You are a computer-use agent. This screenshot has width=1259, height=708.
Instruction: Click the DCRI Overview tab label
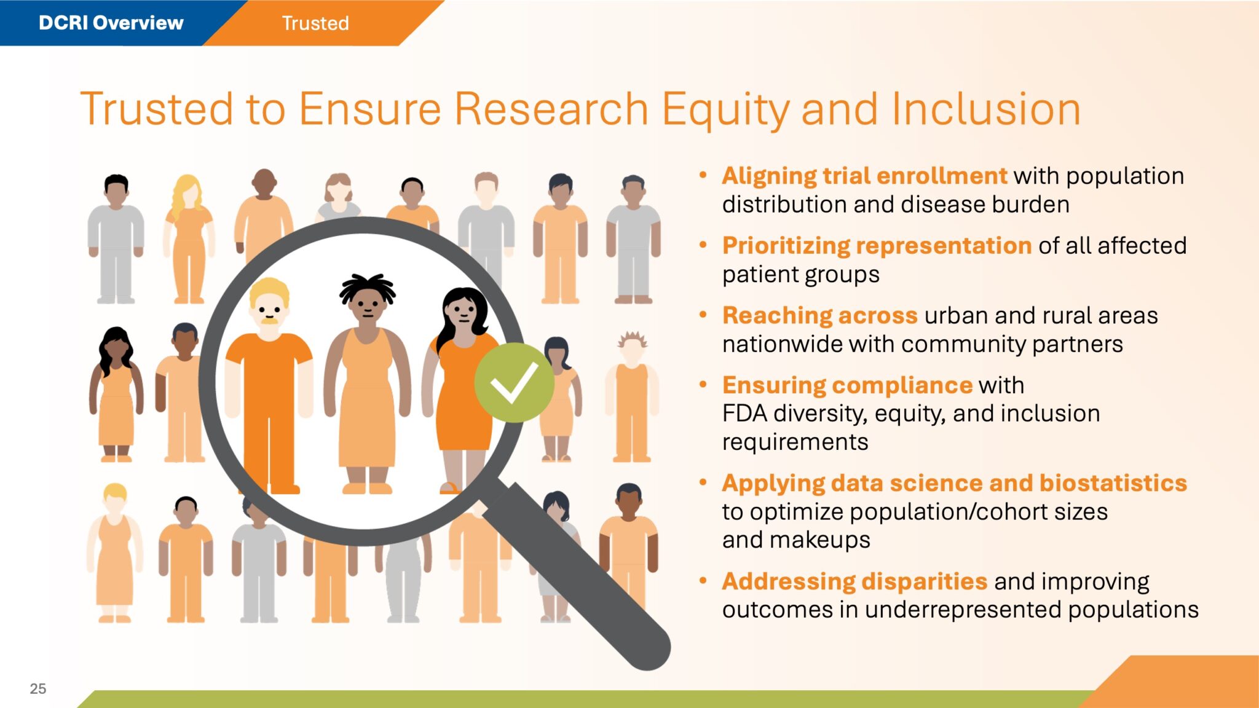111,23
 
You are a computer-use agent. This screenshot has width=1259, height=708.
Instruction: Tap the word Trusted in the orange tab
315,23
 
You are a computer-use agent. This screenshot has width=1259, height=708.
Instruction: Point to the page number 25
38,688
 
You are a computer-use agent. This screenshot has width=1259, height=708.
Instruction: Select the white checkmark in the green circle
514,382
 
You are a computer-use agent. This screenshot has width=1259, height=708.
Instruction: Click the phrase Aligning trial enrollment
864,176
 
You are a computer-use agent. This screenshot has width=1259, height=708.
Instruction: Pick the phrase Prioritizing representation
877,246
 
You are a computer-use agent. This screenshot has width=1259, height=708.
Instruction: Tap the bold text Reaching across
819,315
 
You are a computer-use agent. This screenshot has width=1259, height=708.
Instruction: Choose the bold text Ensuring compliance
847,385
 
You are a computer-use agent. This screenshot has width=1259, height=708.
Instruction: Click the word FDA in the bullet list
744,414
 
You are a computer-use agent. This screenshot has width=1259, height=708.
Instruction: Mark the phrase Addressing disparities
854,581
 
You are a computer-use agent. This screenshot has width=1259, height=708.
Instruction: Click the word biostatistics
1113,483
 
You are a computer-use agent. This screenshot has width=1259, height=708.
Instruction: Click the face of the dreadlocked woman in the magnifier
367,304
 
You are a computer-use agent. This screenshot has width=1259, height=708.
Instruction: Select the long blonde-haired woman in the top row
189,239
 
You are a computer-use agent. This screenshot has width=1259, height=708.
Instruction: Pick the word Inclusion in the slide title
985,109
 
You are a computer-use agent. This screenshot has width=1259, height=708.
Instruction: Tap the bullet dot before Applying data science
703,482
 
